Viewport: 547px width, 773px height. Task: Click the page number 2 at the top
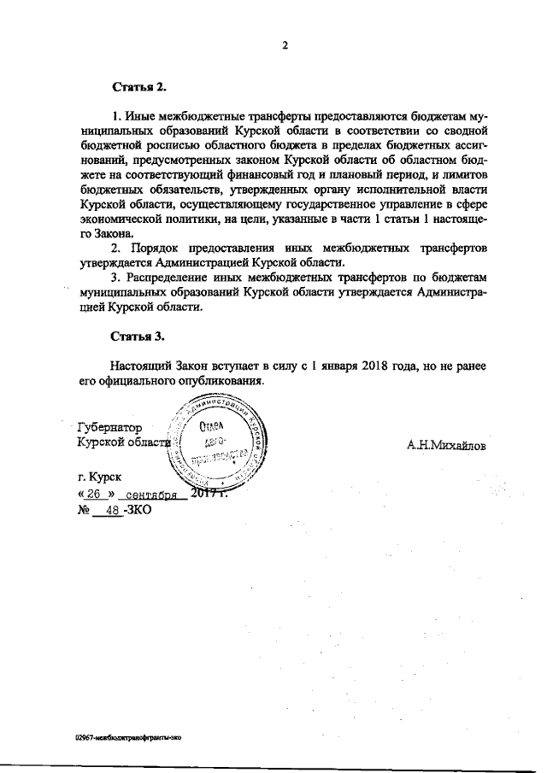[x=284, y=46]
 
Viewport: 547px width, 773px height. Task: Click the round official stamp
[x=221, y=444]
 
